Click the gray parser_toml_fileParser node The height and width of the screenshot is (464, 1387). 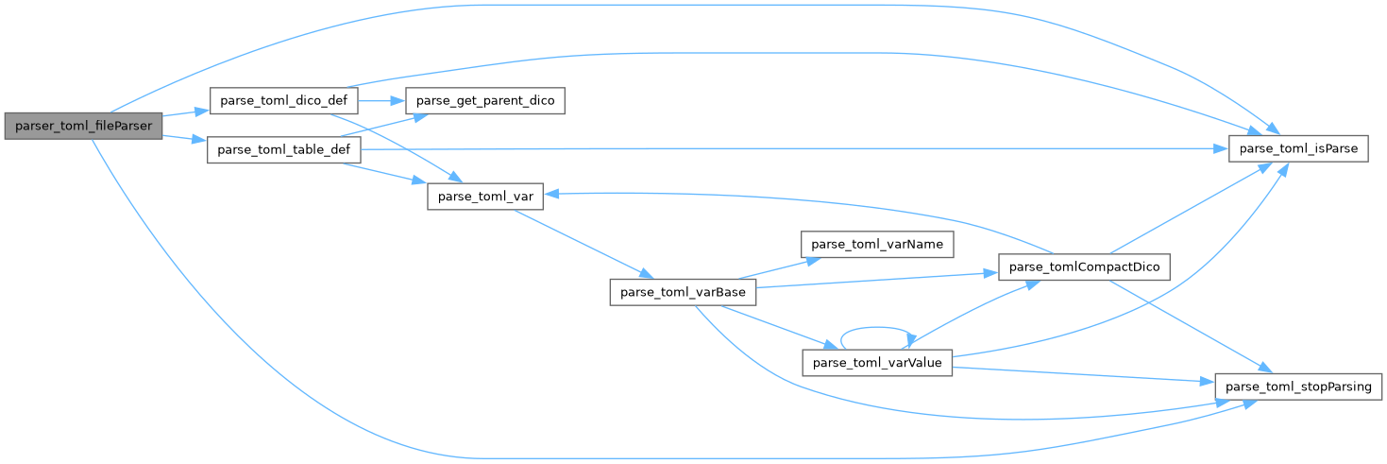point(83,126)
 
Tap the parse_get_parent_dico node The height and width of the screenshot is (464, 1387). point(484,100)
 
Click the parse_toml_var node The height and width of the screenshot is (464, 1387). point(471,196)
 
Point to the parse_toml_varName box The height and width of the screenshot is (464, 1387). point(877,244)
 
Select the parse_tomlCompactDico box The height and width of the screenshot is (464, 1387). point(1085,268)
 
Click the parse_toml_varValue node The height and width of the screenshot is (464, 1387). point(877,364)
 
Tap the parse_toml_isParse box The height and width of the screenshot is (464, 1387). point(1297,150)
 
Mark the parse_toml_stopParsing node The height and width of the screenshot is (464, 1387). point(1298,387)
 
